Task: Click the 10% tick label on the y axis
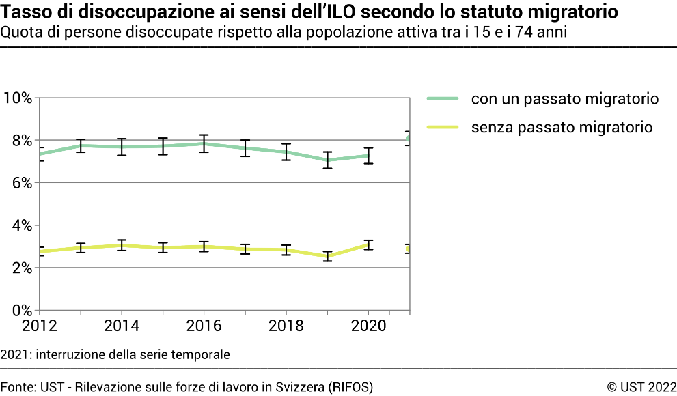coord(18,98)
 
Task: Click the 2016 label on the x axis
coord(204,326)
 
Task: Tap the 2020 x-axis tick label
coord(369,326)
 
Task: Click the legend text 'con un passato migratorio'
coord(564,99)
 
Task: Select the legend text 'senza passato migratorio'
coord(562,127)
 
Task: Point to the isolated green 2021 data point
coord(409,139)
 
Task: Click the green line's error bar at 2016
coord(204,143)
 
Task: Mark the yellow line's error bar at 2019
coord(327,256)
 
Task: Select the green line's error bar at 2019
coord(327,160)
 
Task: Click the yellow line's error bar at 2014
coord(122,245)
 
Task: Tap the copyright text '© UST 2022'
coord(641,387)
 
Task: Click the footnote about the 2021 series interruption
coord(115,354)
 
